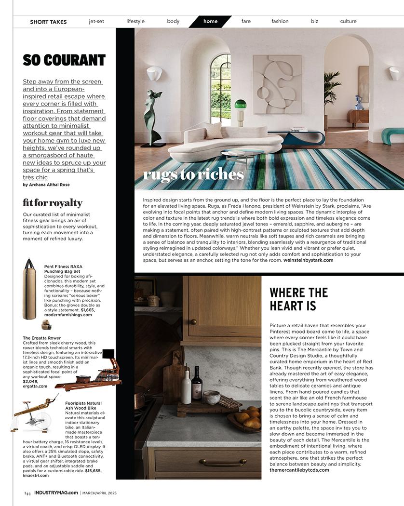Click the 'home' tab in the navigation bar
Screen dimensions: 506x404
click(210, 21)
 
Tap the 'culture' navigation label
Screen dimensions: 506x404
click(348, 21)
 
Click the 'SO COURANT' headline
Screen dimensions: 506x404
click(64, 60)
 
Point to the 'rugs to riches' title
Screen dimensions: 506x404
click(193, 174)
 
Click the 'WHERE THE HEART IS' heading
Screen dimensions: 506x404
click(299, 299)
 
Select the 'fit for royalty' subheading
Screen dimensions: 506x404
click(53, 203)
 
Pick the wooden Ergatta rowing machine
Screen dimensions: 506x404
click(92, 373)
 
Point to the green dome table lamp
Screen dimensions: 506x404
click(240, 105)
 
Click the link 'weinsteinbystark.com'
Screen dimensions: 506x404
click(308, 260)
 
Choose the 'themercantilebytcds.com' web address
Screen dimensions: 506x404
click(299, 470)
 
